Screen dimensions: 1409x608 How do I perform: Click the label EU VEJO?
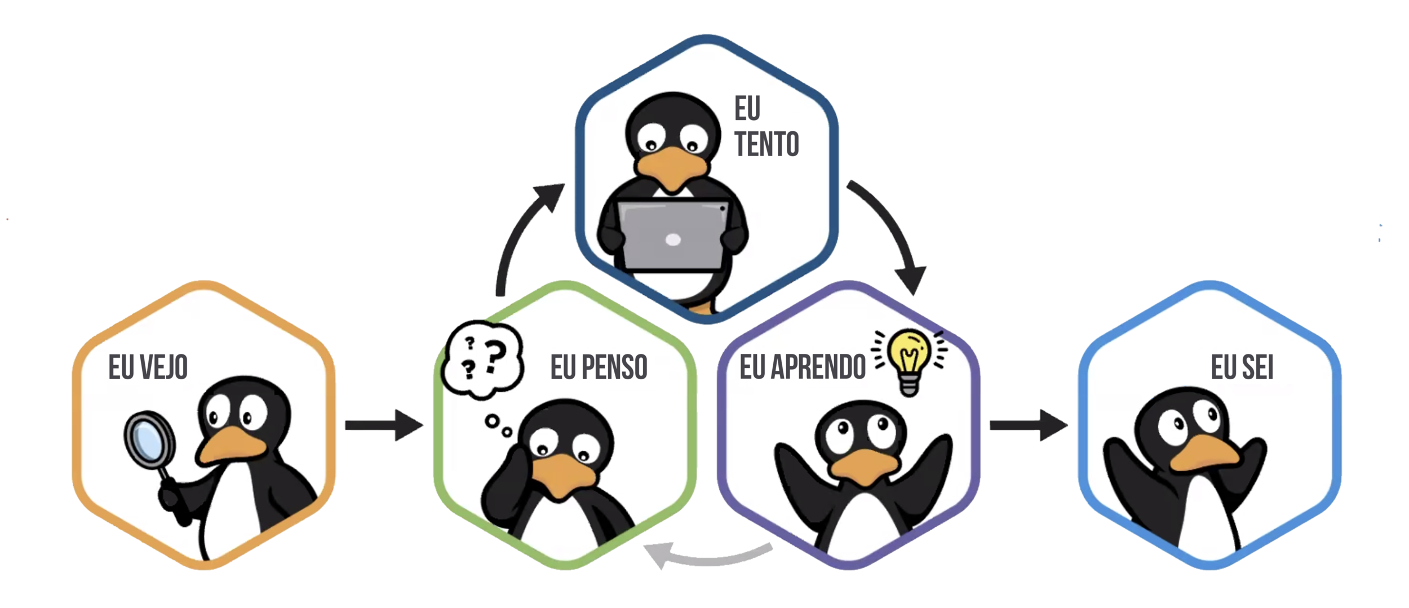point(148,367)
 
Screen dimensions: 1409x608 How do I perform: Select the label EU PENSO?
point(599,367)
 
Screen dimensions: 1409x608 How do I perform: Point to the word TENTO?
point(766,144)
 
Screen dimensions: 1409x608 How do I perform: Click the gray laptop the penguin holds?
point(672,234)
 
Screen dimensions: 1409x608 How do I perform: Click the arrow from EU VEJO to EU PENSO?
point(383,425)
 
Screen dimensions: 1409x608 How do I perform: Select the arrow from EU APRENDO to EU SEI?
point(1028,425)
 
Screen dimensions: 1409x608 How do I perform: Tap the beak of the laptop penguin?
point(671,169)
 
